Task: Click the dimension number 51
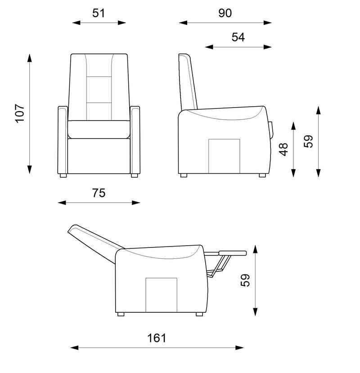tap(99, 13)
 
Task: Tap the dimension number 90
tap(225, 13)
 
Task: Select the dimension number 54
tap(238, 37)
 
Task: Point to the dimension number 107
tap(20, 113)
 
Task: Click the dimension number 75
tap(99, 193)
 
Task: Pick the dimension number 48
tap(283, 149)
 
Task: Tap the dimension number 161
tap(156, 338)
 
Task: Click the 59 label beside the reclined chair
tap(245, 280)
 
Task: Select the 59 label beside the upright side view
tap(308, 142)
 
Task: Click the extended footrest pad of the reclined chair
tap(233, 253)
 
